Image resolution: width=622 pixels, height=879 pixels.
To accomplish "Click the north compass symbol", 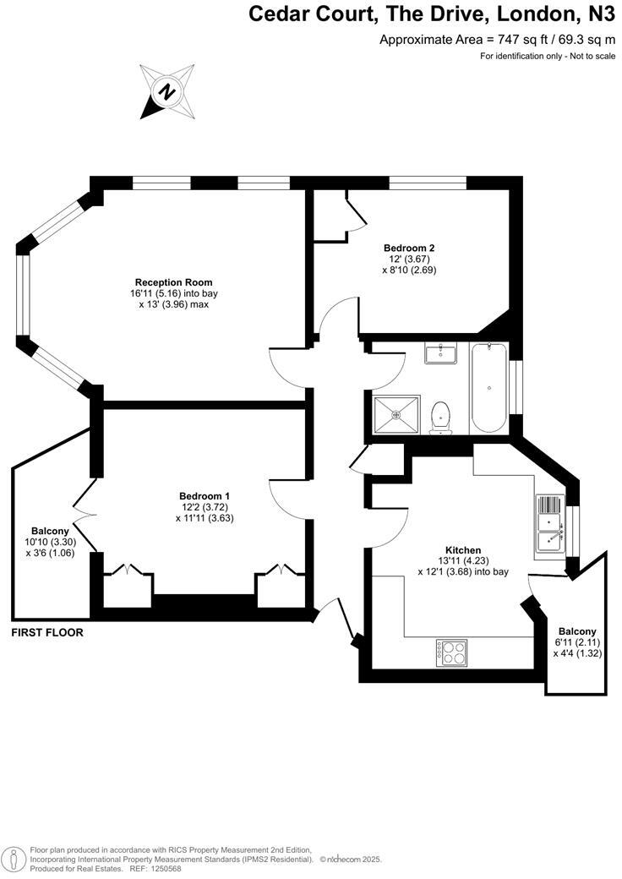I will (x=166, y=91).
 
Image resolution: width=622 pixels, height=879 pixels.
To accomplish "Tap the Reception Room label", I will (x=173, y=282).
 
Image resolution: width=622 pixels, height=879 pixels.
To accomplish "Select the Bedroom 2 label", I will (x=409, y=248).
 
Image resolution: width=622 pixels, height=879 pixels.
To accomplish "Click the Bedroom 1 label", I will (x=205, y=496).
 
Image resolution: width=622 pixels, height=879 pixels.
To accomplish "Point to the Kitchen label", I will (x=463, y=550).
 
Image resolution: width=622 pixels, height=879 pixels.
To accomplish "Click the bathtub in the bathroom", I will (x=489, y=386).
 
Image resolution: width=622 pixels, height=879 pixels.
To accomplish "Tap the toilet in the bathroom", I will (x=440, y=417).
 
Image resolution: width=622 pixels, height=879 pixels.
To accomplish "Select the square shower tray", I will (x=396, y=414).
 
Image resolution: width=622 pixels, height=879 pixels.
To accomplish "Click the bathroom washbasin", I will (x=440, y=353).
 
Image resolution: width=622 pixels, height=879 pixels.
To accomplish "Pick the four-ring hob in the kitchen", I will (x=452, y=652).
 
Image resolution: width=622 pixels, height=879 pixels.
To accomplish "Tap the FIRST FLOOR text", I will (x=47, y=632).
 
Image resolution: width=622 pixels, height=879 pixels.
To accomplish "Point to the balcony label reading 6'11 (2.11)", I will (x=577, y=642).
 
